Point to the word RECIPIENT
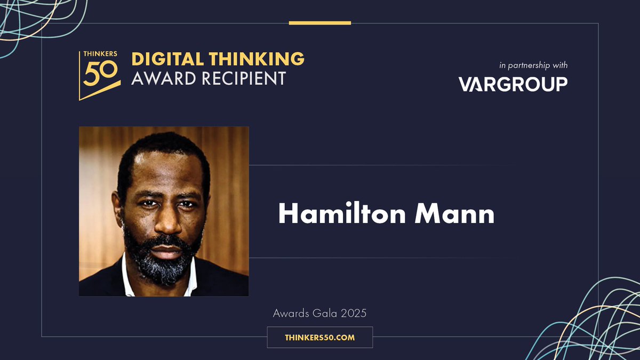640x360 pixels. pos(244,78)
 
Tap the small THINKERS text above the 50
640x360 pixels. pos(95,54)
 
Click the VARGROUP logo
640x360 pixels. pos(513,84)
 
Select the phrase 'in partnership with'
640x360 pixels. pos(533,66)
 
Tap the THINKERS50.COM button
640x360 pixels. pos(319,338)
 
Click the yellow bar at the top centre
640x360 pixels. pos(320,23)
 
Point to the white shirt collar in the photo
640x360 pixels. pos(128,277)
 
